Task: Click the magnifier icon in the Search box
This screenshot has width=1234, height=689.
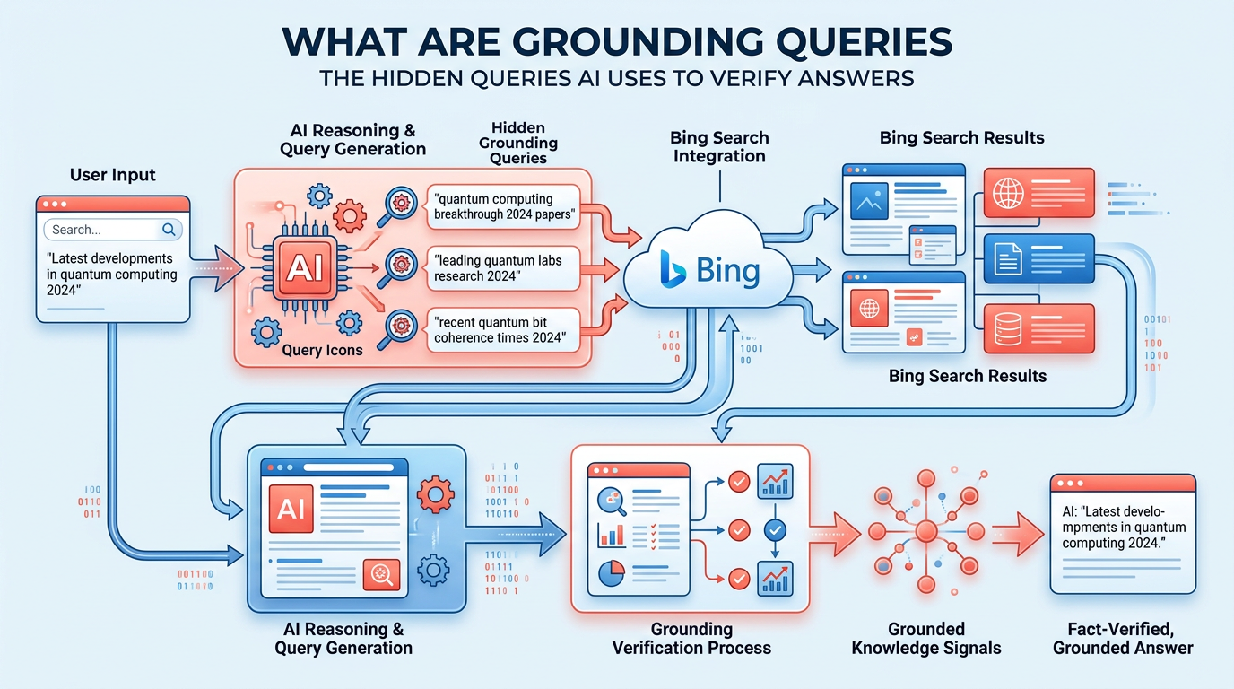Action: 169,230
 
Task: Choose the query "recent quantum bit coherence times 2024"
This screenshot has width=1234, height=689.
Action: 499,329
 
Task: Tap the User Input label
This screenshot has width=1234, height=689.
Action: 113,174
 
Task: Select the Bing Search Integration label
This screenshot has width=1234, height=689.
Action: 719,146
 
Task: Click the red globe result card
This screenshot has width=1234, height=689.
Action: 1038,192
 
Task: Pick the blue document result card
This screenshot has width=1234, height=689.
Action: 1038,258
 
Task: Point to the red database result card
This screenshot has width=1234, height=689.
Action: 1038,328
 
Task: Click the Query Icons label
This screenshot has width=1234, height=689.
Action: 322,349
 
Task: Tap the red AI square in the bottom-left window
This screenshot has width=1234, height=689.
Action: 291,509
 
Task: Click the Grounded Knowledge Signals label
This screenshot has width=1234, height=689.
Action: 926,638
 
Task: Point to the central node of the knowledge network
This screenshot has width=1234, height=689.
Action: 925,532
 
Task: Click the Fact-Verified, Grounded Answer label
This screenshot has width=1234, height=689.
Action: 1123,638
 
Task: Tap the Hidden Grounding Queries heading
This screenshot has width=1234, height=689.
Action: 518,143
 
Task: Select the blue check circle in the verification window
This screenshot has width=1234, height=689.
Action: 774,530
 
